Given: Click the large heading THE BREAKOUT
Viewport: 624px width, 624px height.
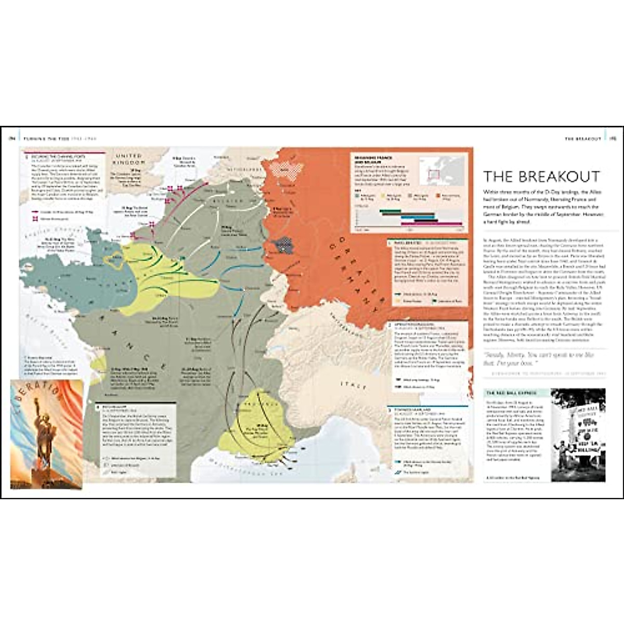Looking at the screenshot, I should [541, 176].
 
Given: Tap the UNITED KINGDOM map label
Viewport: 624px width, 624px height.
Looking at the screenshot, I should [129, 159].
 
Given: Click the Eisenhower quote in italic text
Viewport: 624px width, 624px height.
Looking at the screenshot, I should [541, 358].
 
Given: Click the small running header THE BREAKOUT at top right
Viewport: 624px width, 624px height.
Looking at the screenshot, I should [583, 139].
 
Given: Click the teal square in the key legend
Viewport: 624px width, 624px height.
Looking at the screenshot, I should [357, 196].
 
